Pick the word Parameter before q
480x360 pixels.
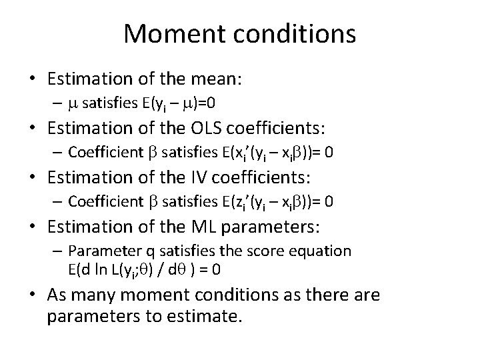[x=97, y=251]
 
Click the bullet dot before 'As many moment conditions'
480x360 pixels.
[x=31, y=295]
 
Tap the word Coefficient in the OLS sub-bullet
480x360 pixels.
[x=102, y=153]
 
